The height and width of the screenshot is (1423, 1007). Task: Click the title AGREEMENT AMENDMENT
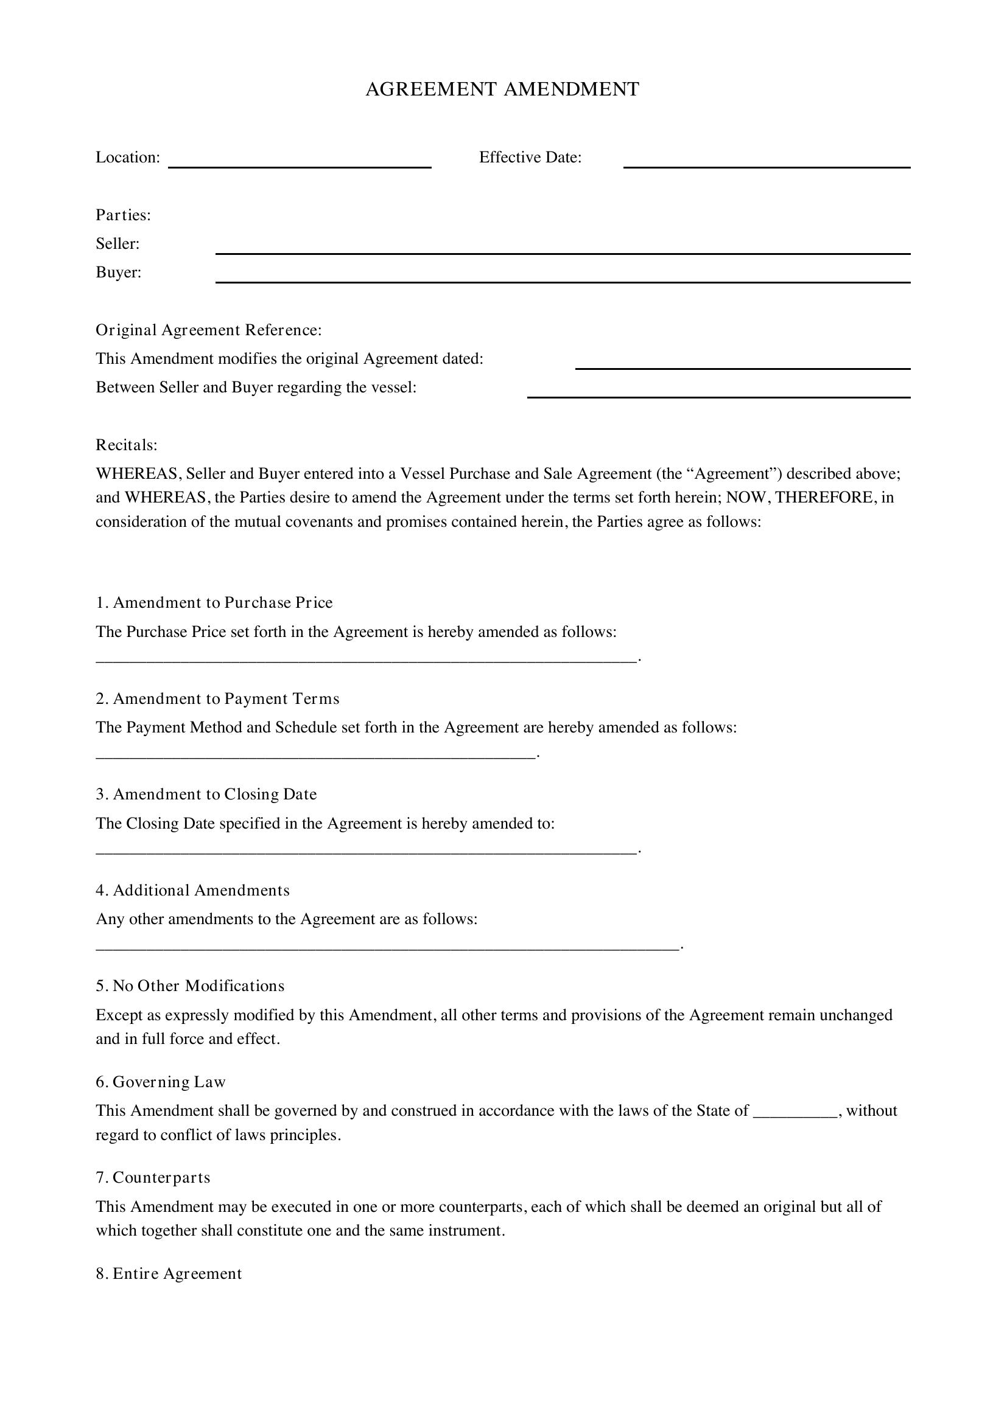[502, 89]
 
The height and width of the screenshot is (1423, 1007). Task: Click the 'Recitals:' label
[127, 445]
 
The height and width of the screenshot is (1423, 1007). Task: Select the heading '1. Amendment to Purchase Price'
[214, 603]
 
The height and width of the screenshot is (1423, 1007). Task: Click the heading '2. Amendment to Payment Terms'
[217, 699]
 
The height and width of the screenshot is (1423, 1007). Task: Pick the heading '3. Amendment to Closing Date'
[206, 795]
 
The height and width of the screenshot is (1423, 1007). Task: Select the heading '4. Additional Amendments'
[192, 891]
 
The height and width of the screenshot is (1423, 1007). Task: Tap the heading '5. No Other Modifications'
[190, 986]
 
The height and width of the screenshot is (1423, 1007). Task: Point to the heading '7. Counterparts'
[153, 1178]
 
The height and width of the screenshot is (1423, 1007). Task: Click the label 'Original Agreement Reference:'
[208, 330]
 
